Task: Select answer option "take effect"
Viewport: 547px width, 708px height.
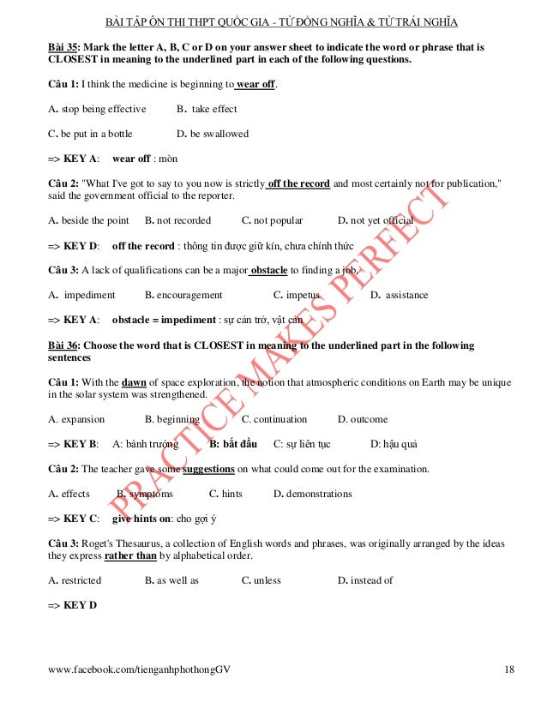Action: click(x=213, y=110)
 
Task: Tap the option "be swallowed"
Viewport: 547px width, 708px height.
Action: click(x=219, y=134)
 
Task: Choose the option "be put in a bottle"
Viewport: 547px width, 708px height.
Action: click(x=90, y=134)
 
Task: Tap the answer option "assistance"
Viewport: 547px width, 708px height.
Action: click(x=406, y=295)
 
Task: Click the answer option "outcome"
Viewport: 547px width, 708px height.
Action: click(x=368, y=419)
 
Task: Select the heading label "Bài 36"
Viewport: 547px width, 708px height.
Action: click(x=63, y=345)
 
